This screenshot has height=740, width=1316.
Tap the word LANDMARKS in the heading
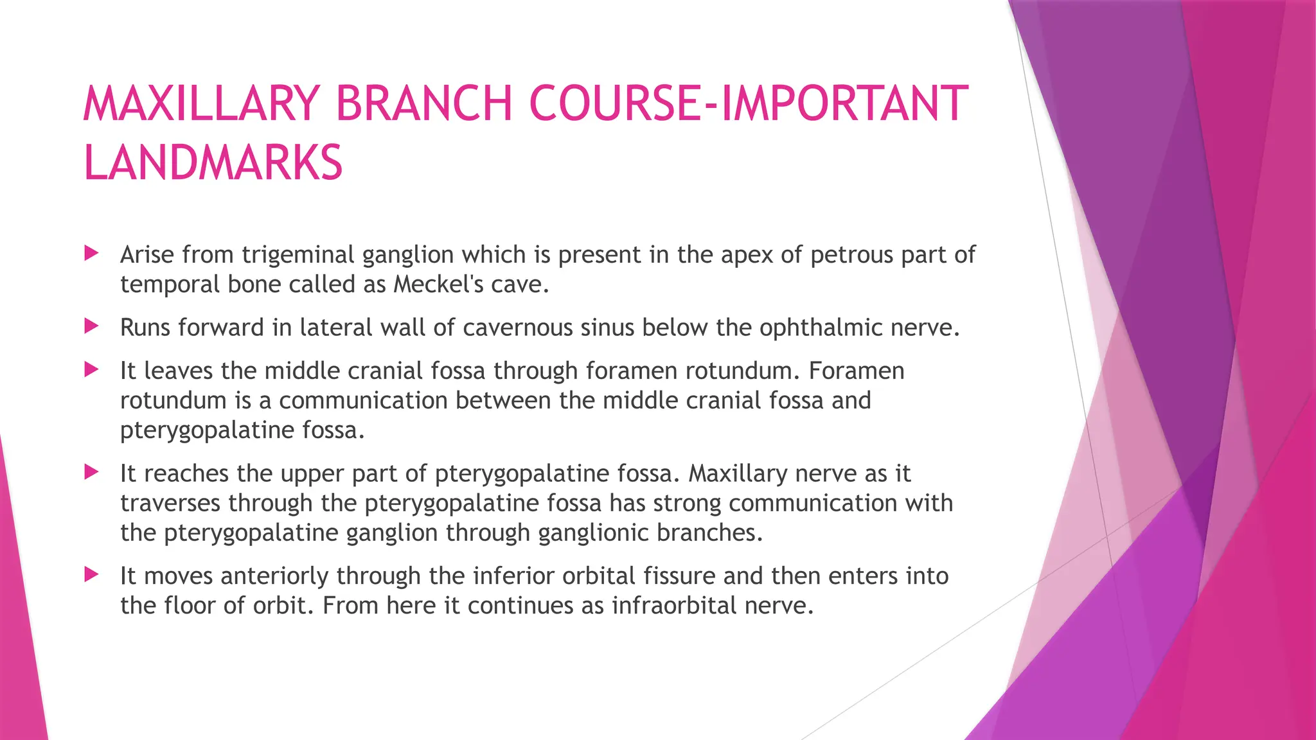coord(213,163)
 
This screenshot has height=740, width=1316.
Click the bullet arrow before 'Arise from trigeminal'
coord(91,253)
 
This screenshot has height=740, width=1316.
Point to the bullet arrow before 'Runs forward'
coord(91,326)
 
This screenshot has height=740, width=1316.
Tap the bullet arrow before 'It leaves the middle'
coord(91,369)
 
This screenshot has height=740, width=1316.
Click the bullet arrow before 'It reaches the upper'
coord(91,472)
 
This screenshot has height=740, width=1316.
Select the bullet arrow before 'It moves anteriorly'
coord(91,574)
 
